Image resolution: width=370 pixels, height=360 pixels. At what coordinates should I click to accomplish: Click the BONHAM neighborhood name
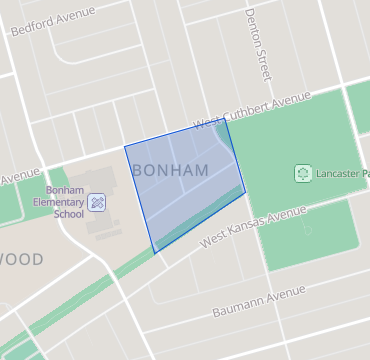(170, 171)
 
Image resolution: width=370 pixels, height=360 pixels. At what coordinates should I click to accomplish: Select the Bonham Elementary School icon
(98, 203)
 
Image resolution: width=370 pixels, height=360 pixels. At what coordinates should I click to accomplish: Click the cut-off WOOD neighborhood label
(21, 260)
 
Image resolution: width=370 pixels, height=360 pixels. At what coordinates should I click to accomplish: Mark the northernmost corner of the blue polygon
(226, 121)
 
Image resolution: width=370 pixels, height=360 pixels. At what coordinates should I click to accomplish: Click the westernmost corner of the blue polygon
(124, 148)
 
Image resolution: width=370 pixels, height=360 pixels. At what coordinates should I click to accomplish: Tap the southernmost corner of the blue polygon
(155, 253)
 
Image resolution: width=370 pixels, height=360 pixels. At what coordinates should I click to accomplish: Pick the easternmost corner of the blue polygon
(246, 192)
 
